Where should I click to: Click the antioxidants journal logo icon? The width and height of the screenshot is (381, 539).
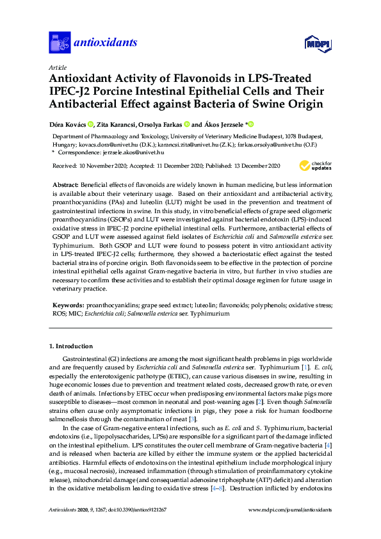click(x=60, y=42)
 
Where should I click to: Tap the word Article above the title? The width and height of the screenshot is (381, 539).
click(x=57, y=67)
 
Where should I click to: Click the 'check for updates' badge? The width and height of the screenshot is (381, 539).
click(x=321, y=166)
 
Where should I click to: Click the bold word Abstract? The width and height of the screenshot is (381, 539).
click(x=67, y=184)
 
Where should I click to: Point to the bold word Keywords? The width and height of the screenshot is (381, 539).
click(x=68, y=307)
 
